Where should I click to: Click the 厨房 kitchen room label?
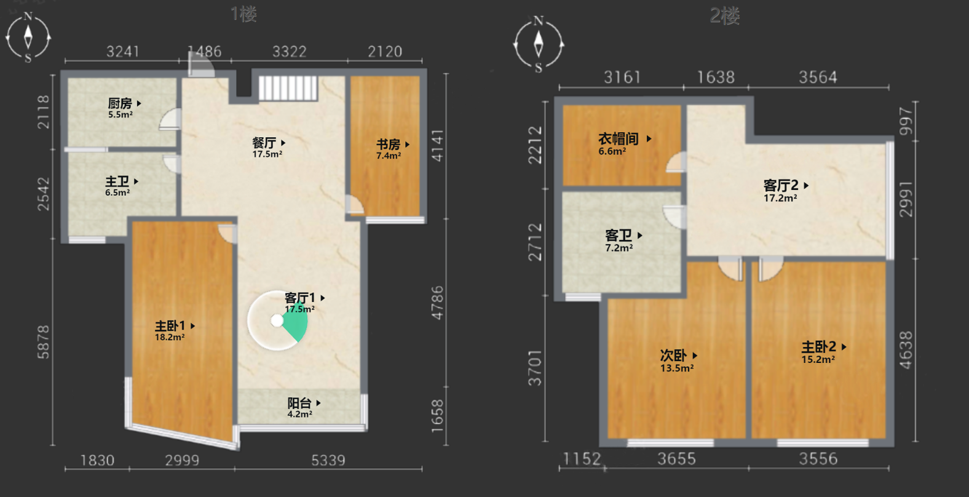pyautogui.click(x=120, y=103)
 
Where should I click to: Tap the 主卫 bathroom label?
pyautogui.click(x=117, y=181)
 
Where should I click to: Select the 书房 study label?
pyautogui.click(x=389, y=145)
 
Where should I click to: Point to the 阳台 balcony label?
pyautogui.click(x=299, y=403)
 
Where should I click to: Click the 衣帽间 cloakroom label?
pyautogui.click(x=619, y=139)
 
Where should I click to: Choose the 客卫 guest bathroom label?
pyautogui.click(x=619, y=236)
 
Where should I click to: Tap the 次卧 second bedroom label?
pyautogui.click(x=673, y=356)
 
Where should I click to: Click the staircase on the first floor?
pyautogui.click(x=288, y=88)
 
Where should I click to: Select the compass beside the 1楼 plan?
pyautogui.click(x=28, y=38)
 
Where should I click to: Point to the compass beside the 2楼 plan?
pyautogui.click(x=539, y=44)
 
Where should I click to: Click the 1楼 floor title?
pyautogui.click(x=244, y=14)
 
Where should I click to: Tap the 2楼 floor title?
pyautogui.click(x=725, y=16)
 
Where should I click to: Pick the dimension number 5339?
pyautogui.click(x=328, y=460)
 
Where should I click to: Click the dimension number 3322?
pyautogui.click(x=290, y=52)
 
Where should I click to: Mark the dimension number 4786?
pyautogui.click(x=437, y=303)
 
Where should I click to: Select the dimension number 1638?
pyautogui.click(x=716, y=78)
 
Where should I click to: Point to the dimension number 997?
pyautogui.click(x=906, y=121)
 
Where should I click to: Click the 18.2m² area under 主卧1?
pyautogui.click(x=170, y=337)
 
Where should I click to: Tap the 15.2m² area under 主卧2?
pyautogui.click(x=818, y=359)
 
